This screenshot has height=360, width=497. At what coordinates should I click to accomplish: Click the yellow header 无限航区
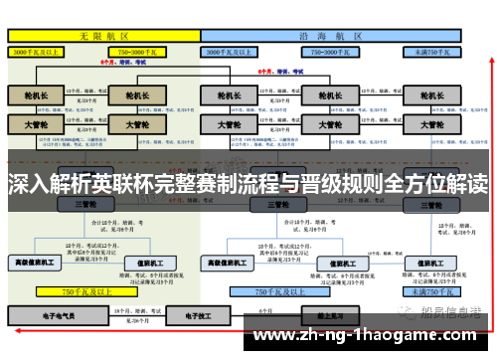[x=104, y=36]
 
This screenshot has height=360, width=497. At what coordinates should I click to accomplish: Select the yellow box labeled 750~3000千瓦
[x=140, y=50]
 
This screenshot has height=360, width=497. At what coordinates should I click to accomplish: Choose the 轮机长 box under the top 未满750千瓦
[x=430, y=95]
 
